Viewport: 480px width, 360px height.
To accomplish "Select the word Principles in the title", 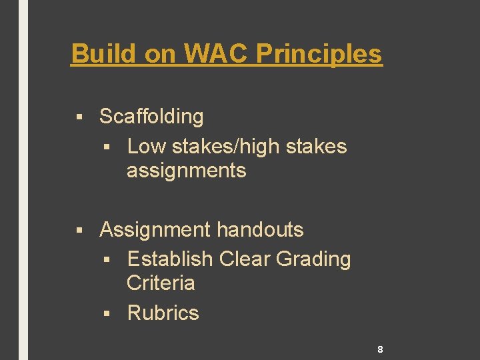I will point(319,53).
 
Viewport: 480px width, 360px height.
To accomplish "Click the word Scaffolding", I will point(151,117).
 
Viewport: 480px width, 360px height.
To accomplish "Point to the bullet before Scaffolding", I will point(79,117).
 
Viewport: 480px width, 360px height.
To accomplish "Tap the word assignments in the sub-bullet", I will point(186,171).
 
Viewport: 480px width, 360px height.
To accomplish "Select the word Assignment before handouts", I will point(153,230).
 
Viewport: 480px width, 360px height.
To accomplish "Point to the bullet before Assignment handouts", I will point(79,231).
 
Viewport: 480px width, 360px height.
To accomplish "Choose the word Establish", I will point(170,259).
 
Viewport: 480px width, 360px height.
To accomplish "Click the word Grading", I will point(313,259).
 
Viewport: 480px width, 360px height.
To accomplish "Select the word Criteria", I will point(161,283).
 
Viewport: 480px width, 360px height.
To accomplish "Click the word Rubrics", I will point(163,313).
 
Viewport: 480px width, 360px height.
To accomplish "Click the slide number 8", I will point(379,349).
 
